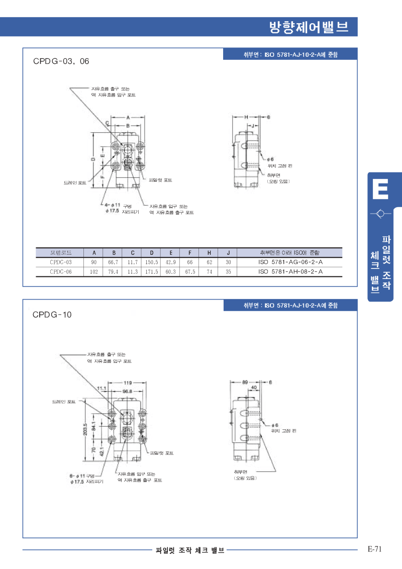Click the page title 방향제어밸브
309,27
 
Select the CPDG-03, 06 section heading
61,61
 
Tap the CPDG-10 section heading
52,315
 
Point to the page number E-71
375,549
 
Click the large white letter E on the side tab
380,191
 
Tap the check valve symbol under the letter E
380,214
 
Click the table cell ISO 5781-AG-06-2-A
290,262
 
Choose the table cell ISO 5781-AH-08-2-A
290,272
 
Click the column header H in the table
209,252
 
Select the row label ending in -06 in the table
61,272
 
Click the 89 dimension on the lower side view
245,382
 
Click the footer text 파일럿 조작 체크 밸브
190,550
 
